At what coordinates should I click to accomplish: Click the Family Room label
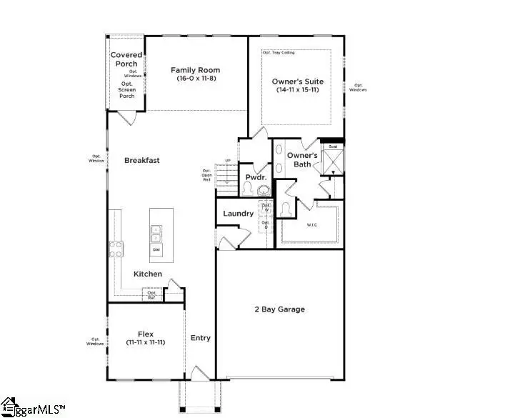point(195,70)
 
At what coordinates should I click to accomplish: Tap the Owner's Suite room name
point(296,81)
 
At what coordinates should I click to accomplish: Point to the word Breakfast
point(141,160)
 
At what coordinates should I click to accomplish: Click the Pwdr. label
point(255,176)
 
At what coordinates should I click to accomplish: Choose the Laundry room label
point(238,214)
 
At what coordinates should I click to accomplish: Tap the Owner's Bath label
point(302,159)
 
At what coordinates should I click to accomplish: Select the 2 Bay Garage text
point(280,309)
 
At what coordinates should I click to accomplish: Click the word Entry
point(201,337)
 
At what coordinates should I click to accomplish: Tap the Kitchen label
point(148,274)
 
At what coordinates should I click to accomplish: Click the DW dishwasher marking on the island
point(156,250)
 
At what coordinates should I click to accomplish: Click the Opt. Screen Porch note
point(126,90)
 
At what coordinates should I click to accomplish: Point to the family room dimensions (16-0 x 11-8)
point(195,79)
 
